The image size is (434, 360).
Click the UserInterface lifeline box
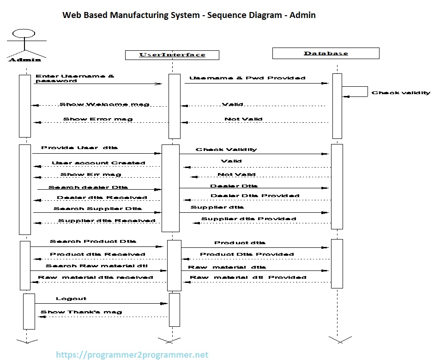[x=172, y=54]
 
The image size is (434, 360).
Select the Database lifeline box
[x=325, y=53]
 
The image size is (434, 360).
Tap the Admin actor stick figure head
[x=24, y=33]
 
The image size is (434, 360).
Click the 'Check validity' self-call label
[x=401, y=93]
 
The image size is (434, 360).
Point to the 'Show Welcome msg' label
[x=104, y=104]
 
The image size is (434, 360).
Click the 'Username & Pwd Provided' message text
[x=247, y=78]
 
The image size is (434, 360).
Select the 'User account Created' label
[x=98, y=163]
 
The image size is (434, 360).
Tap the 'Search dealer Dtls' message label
[x=88, y=187]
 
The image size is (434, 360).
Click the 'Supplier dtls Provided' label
[x=248, y=219]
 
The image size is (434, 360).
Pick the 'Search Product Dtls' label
[x=93, y=241]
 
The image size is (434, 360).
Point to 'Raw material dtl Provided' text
[x=248, y=277]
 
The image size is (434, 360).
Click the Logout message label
[x=71, y=299]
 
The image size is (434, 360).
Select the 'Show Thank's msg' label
[x=81, y=312]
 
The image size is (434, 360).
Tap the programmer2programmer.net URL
[x=132, y=355]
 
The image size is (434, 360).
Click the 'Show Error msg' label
[x=98, y=119]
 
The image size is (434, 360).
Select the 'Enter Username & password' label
[x=75, y=78]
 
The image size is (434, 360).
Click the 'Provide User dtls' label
[x=79, y=148]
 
